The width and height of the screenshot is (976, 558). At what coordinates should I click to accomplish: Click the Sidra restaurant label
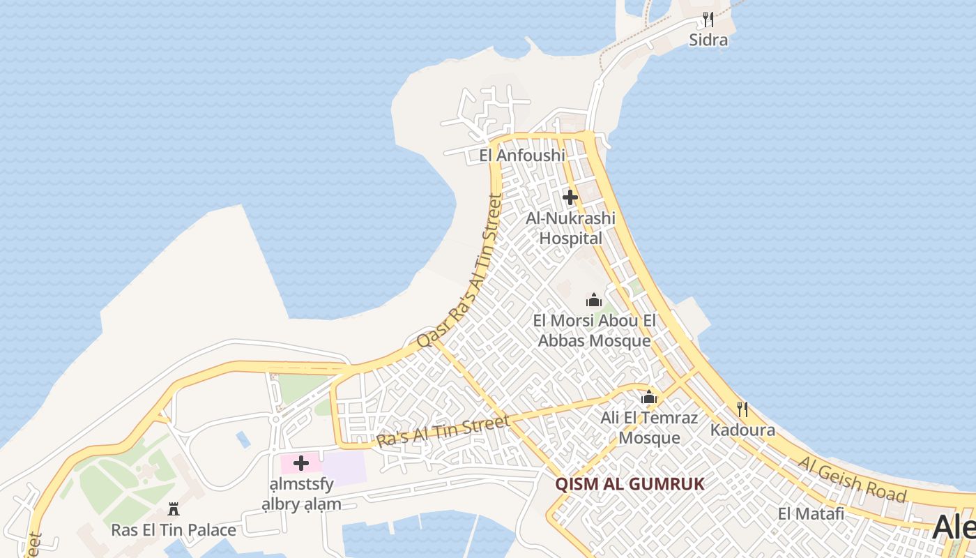(708, 40)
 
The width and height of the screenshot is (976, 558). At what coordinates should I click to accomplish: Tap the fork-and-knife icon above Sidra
(708, 19)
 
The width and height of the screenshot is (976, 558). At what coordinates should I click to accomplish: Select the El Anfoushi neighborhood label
(522, 156)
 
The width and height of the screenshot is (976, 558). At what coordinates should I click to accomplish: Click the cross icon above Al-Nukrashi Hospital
(570, 197)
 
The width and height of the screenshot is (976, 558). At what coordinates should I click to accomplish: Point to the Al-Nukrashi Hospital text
(571, 229)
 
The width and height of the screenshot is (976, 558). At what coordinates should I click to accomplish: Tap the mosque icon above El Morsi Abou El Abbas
(594, 300)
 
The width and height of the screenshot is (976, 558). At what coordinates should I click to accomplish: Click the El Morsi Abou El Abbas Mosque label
(595, 331)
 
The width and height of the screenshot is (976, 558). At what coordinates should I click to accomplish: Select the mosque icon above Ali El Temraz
(649, 397)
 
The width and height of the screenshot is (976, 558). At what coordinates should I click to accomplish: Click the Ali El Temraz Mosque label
(649, 428)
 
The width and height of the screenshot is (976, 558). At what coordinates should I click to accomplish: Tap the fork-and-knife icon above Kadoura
(742, 409)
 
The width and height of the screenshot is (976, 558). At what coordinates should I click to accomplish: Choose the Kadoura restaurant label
(742, 430)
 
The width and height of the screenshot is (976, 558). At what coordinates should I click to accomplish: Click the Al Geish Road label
(853, 480)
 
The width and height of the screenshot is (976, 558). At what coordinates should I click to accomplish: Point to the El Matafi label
(811, 514)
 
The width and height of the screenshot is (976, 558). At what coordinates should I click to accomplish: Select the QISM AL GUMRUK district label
(630, 484)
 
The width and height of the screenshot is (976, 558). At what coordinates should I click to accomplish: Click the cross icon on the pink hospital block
(301, 463)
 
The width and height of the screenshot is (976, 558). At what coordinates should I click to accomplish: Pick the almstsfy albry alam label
(301, 494)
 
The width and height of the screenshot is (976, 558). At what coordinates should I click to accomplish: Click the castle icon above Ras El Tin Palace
(174, 509)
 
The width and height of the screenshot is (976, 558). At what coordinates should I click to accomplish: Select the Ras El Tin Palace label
(174, 530)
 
